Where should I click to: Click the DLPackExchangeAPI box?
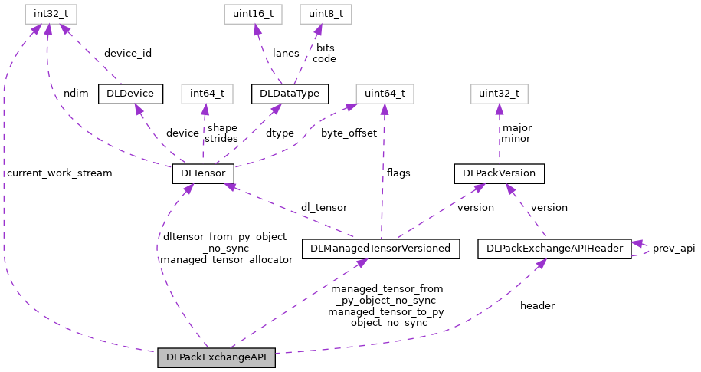[x=216, y=358]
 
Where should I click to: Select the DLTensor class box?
[x=202, y=174]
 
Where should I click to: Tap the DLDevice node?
[x=130, y=94]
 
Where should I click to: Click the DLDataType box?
[x=290, y=94]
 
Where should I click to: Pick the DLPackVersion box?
[x=500, y=174]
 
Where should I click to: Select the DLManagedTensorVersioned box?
[x=381, y=249]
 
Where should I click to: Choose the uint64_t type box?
[x=384, y=94]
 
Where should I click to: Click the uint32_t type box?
[x=500, y=94]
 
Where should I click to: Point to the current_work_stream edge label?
[x=59, y=173]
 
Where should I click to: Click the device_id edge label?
[x=128, y=54]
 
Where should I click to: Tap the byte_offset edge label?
[x=349, y=133]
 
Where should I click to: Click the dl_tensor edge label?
[x=323, y=207]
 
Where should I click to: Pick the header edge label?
[x=537, y=305]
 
